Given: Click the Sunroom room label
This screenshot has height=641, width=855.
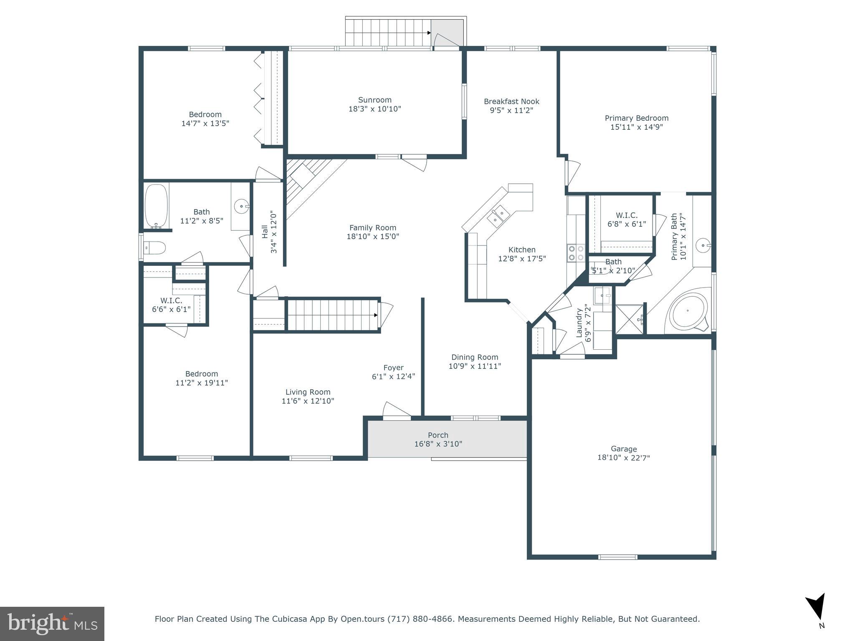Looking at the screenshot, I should (x=374, y=100).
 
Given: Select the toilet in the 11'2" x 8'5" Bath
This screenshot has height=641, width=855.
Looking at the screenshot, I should (x=154, y=248).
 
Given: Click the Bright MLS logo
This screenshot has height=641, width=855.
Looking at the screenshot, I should (x=52, y=623).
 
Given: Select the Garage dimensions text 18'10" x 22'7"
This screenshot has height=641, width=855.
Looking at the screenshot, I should (x=623, y=458).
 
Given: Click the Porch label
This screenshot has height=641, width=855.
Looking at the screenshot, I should (x=438, y=435).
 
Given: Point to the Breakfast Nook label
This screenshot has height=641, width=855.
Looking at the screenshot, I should (x=511, y=101).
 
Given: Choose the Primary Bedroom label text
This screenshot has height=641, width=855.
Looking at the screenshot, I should (x=636, y=118).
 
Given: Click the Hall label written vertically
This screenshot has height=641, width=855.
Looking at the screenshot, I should (x=265, y=232).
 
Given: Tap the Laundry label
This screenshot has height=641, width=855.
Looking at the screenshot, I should (x=579, y=323).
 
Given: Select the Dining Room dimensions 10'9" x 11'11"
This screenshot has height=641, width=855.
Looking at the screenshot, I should (x=475, y=366).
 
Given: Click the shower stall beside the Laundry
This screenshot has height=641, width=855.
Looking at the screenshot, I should (x=629, y=319).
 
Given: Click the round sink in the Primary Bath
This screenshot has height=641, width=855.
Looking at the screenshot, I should (x=703, y=245).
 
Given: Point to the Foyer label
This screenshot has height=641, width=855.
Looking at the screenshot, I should (x=393, y=368).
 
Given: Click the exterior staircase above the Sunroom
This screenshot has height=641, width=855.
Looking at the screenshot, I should (x=388, y=33).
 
